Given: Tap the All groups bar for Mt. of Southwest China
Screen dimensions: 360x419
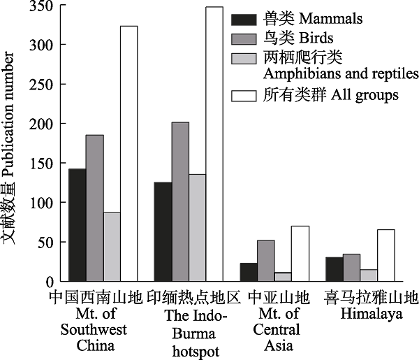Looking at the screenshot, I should coord(128,154).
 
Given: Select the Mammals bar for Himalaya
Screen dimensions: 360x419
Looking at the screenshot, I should coord(334,269).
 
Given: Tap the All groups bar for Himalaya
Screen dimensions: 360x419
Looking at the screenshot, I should coord(385,255).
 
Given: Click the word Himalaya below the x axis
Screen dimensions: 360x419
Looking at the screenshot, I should coord(372,315).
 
